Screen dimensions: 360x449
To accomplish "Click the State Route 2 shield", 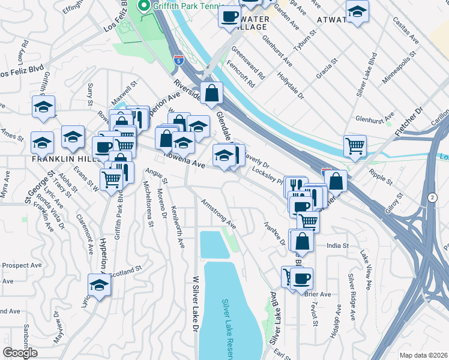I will tap(433, 197).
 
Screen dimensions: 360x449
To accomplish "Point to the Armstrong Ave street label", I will tap(218, 214).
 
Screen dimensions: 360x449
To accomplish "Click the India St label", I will tap(337, 245).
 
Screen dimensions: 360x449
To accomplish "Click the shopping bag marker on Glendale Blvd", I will tap(212, 92).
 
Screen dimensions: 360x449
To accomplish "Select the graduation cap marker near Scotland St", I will tap(99, 284).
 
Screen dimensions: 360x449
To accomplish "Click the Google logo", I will tap(20, 353).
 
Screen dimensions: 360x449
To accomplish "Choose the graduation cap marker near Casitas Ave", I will tap(357, 12).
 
